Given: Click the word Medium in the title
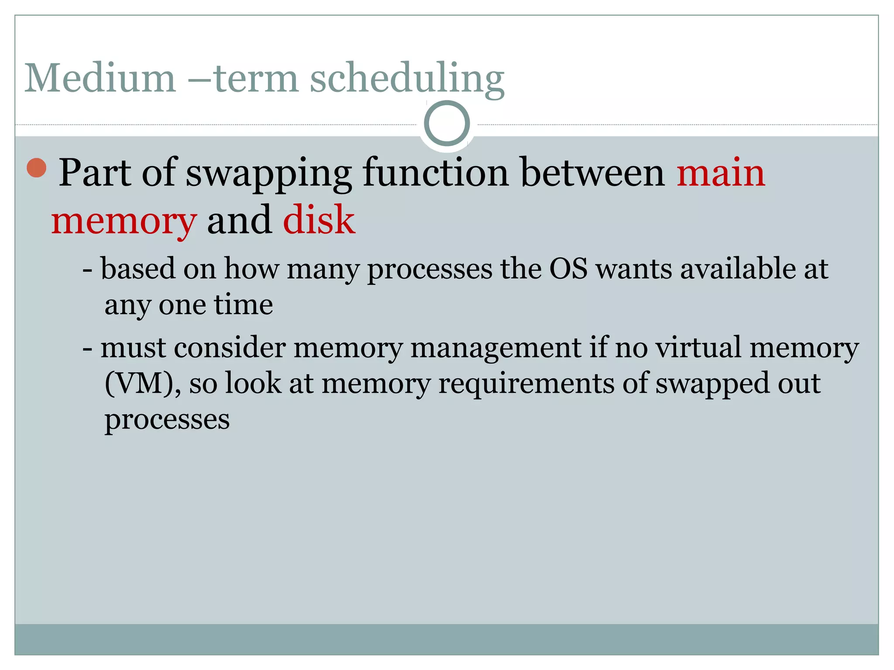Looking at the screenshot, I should (x=100, y=79).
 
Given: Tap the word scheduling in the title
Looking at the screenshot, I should (x=407, y=79).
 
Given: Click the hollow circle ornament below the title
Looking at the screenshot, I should (x=447, y=123).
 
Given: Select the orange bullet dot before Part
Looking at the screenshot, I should (x=37, y=168).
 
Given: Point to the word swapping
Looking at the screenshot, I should (x=268, y=174).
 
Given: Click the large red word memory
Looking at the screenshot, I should (x=124, y=222).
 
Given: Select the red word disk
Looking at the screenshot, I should (x=319, y=220).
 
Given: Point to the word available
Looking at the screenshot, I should (x=738, y=269).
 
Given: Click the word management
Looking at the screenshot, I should (x=496, y=349).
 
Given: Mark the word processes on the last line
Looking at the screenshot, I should (x=167, y=420).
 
